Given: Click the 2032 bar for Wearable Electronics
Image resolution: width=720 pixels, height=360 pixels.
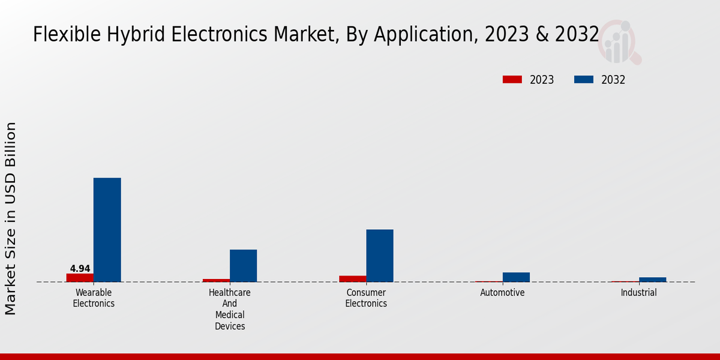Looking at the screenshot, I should (107, 230).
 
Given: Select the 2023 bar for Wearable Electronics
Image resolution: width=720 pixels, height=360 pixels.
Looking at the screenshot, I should (80, 278).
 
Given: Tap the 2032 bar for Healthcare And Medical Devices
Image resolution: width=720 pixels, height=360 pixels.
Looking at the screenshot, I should (243, 266).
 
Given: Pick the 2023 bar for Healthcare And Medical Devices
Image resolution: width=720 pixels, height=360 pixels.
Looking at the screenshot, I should (216, 280).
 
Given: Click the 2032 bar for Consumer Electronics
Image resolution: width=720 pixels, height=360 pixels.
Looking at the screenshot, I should (380, 256).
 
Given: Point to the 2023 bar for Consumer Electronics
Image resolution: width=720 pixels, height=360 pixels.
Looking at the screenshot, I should (353, 279).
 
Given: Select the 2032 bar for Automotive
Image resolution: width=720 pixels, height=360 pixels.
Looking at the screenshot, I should (516, 277).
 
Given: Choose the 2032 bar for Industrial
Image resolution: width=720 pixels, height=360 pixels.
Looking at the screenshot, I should (653, 280).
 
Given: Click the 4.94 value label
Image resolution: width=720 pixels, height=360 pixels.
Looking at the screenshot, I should (80, 269).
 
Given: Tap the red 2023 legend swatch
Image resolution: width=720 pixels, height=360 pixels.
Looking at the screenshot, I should (512, 80).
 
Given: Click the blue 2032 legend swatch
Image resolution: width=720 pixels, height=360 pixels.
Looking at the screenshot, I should (584, 80).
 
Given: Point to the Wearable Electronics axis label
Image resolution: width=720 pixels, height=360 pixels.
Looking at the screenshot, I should (94, 298).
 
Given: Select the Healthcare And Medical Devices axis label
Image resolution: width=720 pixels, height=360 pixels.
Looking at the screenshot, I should (230, 310).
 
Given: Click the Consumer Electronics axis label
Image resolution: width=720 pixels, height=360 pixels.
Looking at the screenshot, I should (366, 298).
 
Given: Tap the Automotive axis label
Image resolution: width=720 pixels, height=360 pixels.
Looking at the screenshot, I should (502, 293).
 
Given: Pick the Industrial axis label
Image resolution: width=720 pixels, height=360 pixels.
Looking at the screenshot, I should (638, 293).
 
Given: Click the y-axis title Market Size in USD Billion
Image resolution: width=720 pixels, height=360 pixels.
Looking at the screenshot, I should (11, 218).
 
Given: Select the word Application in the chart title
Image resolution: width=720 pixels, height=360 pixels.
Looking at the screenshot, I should (423, 35).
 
